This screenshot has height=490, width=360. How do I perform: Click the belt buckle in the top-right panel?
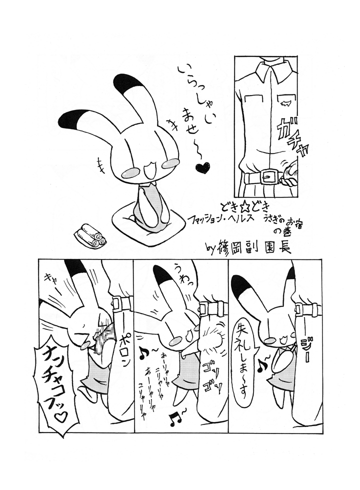point(268,177)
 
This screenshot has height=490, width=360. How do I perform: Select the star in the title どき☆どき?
point(243,206)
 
